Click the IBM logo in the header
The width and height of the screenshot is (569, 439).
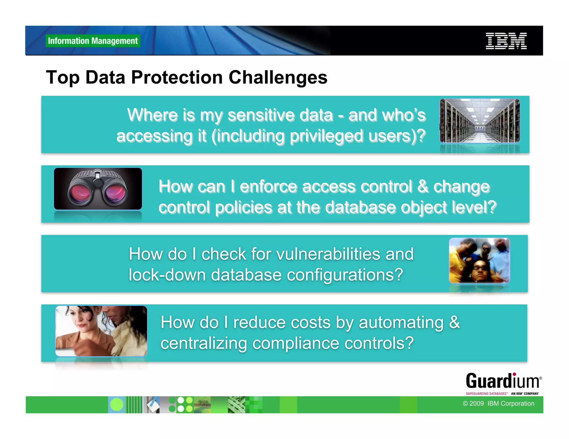(x=506, y=41)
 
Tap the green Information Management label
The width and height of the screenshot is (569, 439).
(x=93, y=41)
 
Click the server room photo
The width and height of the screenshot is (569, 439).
(x=480, y=121)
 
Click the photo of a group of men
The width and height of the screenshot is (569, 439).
(x=480, y=261)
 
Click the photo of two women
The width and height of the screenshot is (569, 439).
(x=101, y=331)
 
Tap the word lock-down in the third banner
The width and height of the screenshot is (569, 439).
(x=167, y=275)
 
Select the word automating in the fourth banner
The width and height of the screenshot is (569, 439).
(x=401, y=322)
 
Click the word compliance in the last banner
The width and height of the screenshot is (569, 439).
(x=296, y=343)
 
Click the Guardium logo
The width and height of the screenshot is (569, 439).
(x=503, y=383)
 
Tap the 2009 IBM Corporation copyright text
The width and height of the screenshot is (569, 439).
(x=498, y=403)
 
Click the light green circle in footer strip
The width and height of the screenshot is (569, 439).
(x=117, y=405)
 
